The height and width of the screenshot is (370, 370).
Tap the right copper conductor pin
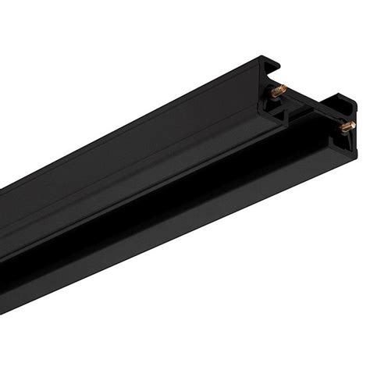pos(347,125)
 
